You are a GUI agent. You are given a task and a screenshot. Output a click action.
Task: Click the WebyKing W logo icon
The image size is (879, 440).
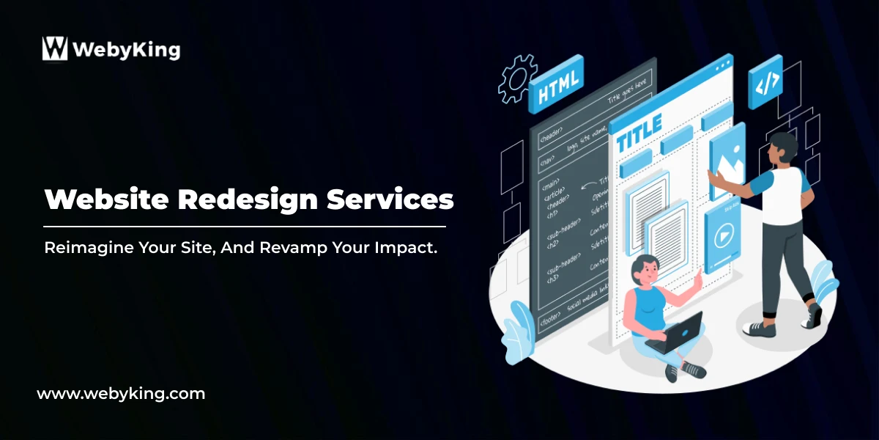tap(55, 48)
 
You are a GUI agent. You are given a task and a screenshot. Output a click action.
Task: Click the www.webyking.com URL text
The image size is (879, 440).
tap(121, 394)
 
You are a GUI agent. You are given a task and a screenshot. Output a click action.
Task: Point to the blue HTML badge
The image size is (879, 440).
tap(557, 91)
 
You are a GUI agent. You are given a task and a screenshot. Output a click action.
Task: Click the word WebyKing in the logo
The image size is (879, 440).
tap(126, 50)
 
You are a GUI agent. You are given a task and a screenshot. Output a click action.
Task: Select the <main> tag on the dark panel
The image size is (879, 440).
tap(550, 180)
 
